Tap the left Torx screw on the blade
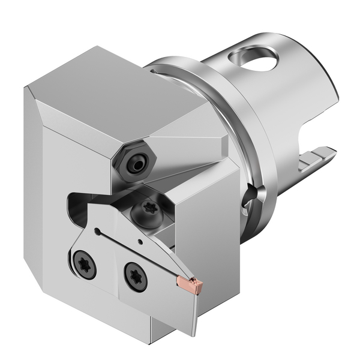(85, 264)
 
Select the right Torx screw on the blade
(136, 277)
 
